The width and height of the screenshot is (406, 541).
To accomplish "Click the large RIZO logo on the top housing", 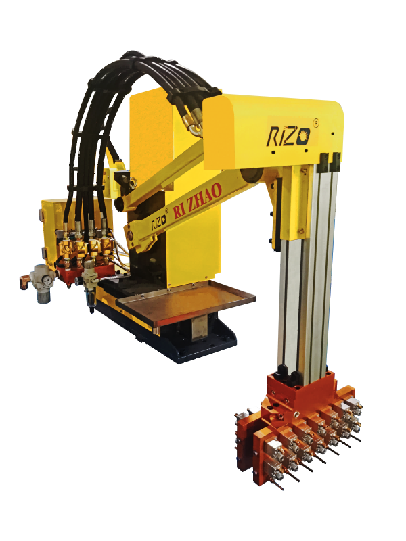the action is coord(288,137).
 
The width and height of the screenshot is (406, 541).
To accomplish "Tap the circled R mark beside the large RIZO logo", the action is coord(315,122).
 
